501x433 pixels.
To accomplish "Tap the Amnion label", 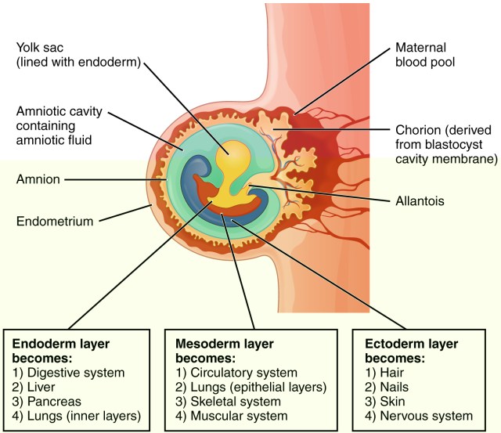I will [38, 179].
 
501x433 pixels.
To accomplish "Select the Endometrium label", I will [54, 221].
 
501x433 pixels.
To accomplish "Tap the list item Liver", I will [44, 387].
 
